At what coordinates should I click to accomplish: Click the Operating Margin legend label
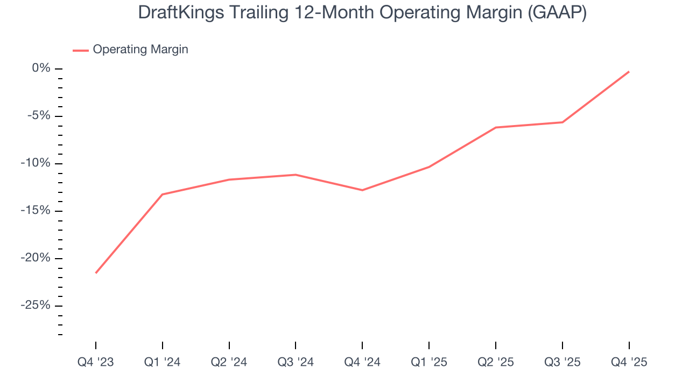140,50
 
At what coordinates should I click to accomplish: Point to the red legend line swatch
80,50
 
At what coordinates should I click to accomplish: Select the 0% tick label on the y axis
41,68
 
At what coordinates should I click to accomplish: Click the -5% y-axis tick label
38,116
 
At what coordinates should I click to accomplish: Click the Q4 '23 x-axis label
96,362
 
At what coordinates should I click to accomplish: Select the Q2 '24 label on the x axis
229,362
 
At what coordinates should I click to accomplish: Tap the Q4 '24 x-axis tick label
362,362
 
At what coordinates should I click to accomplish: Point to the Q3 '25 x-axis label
563,362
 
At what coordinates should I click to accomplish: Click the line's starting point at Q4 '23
96,273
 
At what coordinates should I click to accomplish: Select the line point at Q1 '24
163,194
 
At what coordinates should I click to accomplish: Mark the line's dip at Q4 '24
362,190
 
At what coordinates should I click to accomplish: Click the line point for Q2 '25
496,127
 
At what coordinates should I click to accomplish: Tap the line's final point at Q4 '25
629,72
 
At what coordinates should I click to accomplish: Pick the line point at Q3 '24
296,175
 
